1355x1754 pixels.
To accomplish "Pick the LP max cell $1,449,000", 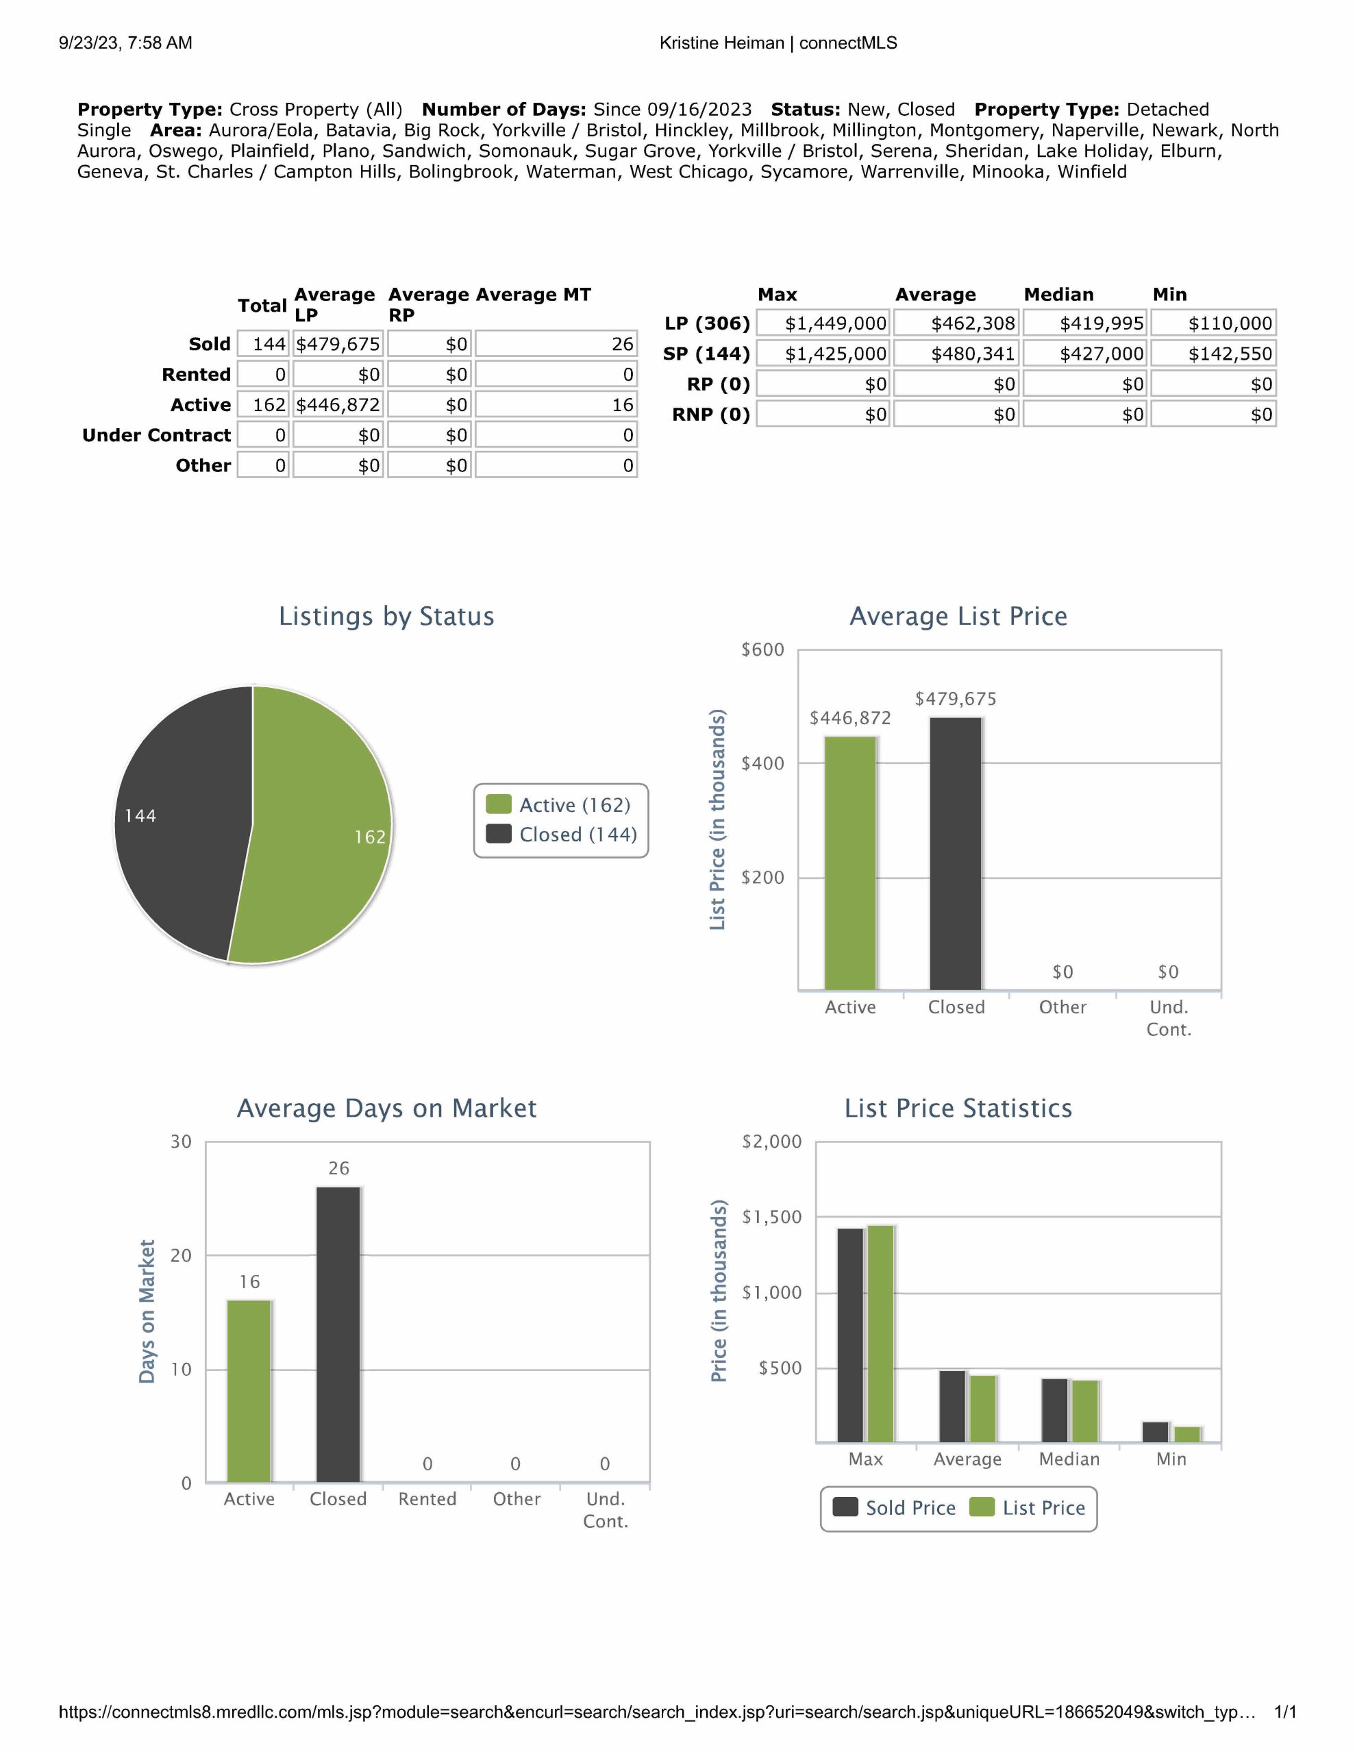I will [x=823, y=323].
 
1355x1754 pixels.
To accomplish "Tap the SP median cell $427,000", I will [x=1085, y=354].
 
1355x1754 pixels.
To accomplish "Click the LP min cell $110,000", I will [x=1214, y=323].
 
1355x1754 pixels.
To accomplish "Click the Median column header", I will [x=1058, y=295].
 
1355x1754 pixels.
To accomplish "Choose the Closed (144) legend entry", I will [x=563, y=835].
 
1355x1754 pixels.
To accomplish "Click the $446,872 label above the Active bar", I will [x=850, y=718].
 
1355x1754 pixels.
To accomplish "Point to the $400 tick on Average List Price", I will [x=762, y=764].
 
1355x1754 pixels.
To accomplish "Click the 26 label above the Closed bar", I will [x=338, y=1168].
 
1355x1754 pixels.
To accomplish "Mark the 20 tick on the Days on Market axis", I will [x=182, y=1255].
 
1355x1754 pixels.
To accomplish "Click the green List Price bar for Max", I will [x=880, y=1333].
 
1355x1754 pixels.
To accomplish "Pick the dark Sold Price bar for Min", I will [x=1155, y=1432].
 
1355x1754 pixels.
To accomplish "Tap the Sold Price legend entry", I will [x=894, y=1508].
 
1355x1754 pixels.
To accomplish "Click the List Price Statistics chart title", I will [x=958, y=1109].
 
